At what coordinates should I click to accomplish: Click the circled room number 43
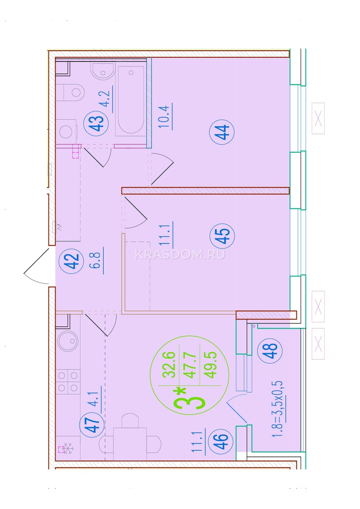tap(96, 123)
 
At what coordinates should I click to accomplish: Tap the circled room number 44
tap(222, 132)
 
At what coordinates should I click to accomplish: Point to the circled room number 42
tap(71, 261)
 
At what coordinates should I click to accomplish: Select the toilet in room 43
tap(70, 92)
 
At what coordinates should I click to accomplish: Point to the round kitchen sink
tap(68, 341)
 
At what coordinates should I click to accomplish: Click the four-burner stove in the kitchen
tap(68, 382)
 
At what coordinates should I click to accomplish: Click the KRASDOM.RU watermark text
tap(180, 255)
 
